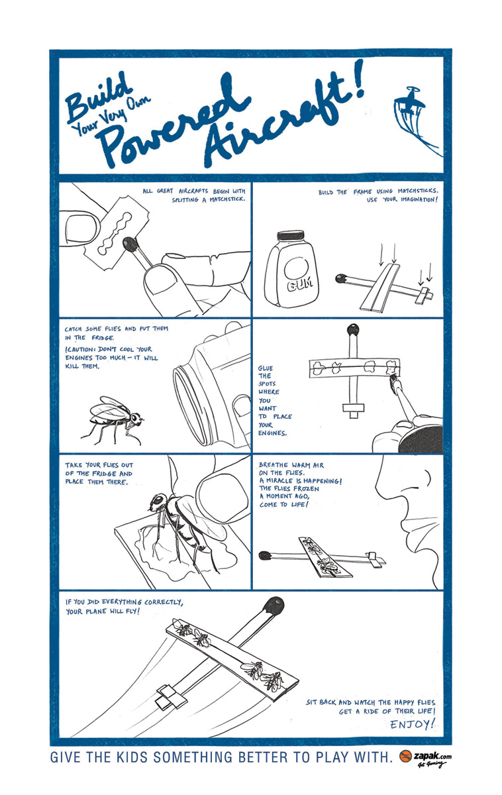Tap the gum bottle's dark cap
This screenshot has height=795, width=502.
291,235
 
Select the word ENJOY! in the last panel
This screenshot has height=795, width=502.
412,723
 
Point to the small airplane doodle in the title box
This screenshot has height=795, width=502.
411,102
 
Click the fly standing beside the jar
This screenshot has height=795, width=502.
113,419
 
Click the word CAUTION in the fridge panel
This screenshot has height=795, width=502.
81,349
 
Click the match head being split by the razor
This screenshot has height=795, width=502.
130,244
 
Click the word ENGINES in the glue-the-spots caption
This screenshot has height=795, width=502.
272,433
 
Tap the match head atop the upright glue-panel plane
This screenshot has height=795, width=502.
353,330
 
